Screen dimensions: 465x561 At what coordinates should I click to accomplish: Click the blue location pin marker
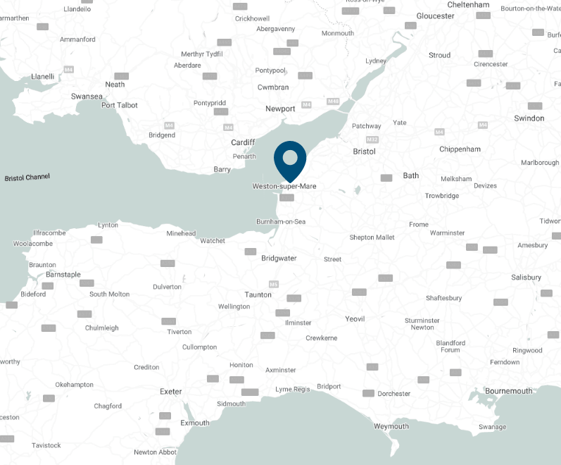click(290, 158)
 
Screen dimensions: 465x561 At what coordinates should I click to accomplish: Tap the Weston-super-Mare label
click(284, 187)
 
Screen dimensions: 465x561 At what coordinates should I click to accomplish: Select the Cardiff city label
click(243, 142)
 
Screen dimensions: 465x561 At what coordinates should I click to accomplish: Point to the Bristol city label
click(365, 151)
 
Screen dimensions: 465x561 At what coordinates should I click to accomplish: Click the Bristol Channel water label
click(27, 178)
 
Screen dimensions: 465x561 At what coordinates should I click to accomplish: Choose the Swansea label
click(87, 96)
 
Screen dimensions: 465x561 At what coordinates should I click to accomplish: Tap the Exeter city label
click(171, 392)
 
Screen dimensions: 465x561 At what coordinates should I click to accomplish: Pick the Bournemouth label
click(509, 391)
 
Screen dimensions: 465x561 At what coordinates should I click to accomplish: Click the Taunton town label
click(258, 294)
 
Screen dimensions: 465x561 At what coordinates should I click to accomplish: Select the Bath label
click(411, 175)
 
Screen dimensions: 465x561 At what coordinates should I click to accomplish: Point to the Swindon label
click(529, 118)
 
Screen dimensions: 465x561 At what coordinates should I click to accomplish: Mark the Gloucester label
click(436, 16)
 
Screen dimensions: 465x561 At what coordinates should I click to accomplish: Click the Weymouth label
click(391, 426)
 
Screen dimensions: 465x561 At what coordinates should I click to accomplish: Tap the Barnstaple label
click(63, 275)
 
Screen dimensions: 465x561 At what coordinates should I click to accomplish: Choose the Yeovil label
click(355, 319)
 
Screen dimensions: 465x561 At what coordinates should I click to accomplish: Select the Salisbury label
click(527, 278)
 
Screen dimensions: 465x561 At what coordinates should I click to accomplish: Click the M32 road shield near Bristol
click(372, 139)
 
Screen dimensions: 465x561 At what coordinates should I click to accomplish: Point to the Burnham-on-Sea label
click(281, 222)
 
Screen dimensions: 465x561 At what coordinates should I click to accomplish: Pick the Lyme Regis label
click(292, 389)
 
